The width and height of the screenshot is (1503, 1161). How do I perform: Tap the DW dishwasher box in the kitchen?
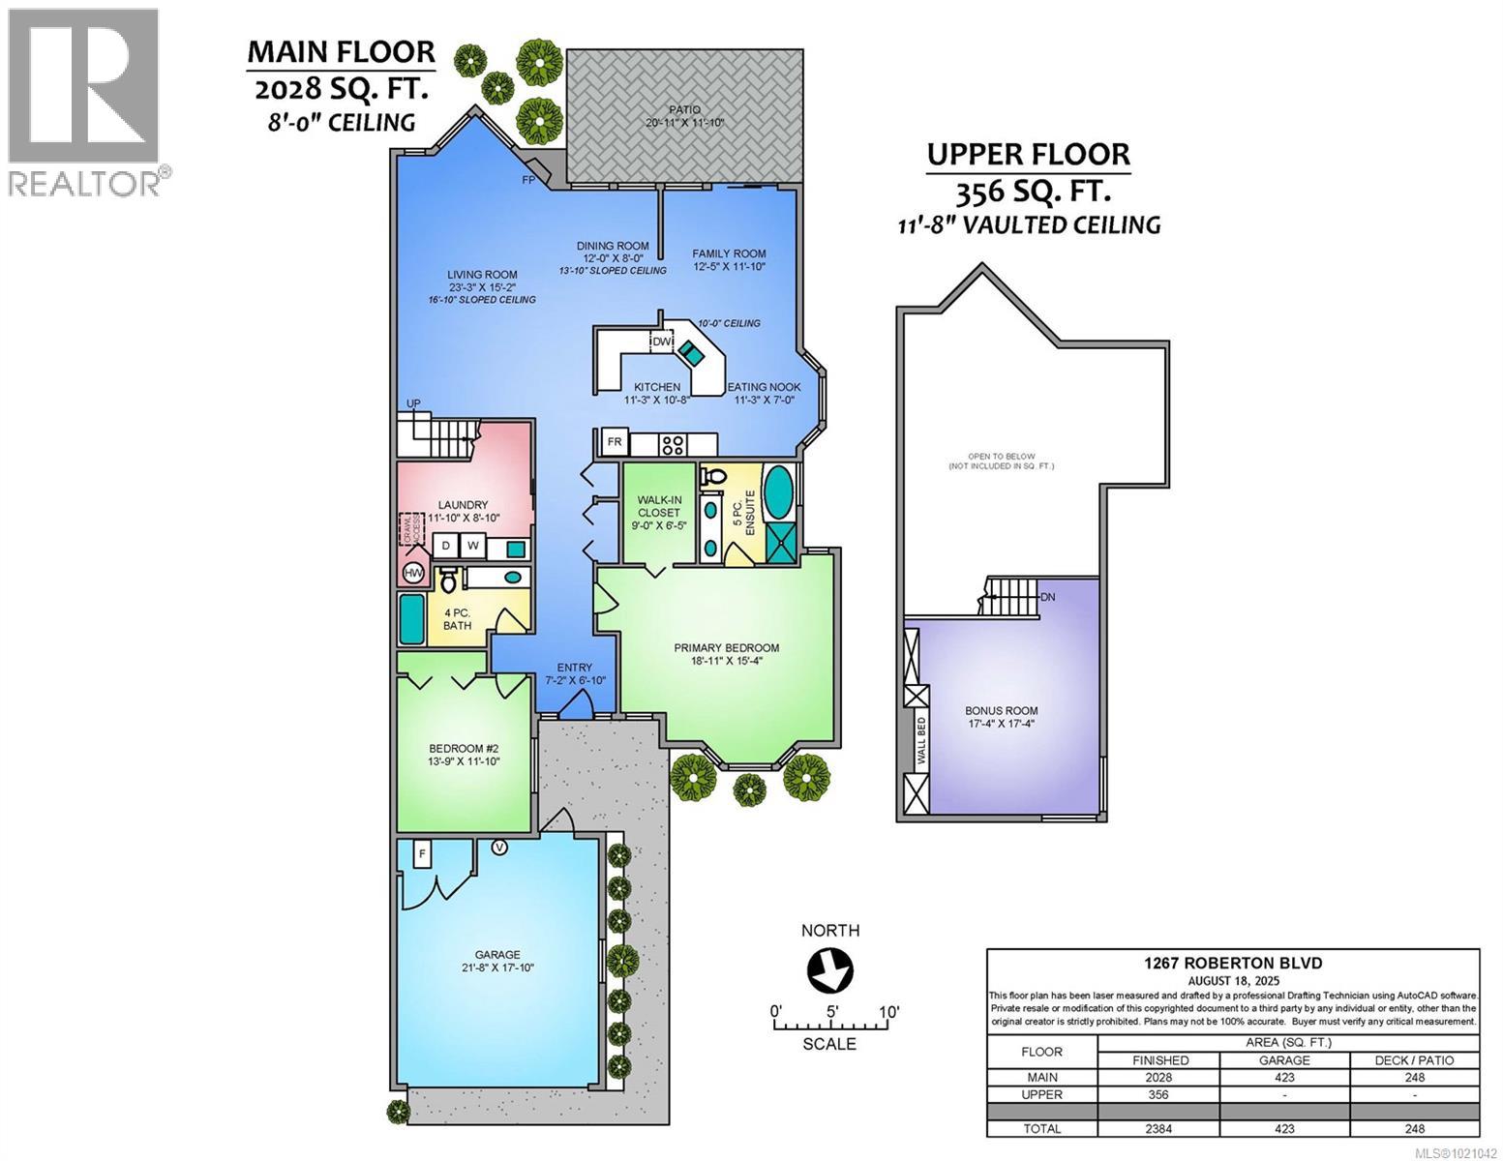[x=662, y=342]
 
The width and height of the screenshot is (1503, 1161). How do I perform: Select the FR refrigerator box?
[x=614, y=443]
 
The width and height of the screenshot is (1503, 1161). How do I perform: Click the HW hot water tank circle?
[x=413, y=574]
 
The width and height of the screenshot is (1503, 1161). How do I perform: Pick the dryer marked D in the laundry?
[x=445, y=547]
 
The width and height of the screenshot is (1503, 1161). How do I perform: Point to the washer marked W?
[x=472, y=547]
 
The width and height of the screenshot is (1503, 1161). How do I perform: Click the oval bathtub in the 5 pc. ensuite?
[x=778, y=492]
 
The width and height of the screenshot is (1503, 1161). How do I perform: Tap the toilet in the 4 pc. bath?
[x=448, y=581]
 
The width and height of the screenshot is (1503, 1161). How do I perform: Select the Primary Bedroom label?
[x=726, y=648]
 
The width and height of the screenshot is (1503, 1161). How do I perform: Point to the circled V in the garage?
[x=499, y=848]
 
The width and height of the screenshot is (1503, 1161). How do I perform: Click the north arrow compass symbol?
[x=829, y=969]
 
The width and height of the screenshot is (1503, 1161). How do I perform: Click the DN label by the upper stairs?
[x=1047, y=597]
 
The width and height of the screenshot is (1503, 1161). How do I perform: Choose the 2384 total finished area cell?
[x=1158, y=1128]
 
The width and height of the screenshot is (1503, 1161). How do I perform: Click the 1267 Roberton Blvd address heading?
[x=1232, y=963]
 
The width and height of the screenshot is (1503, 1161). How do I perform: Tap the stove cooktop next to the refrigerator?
[x=673, y=444]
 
